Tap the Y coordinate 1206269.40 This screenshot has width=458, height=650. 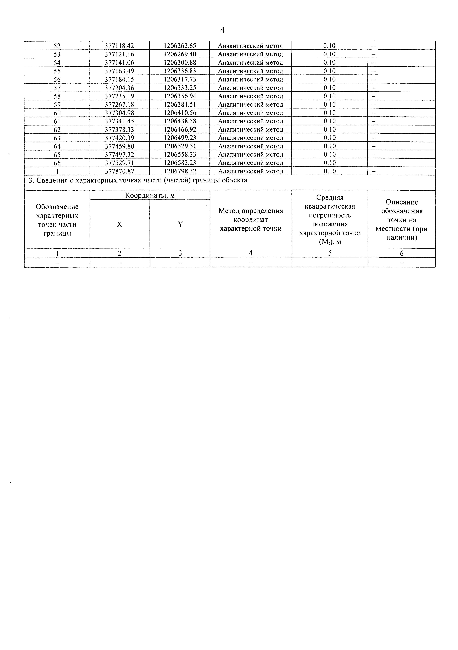[x=180, y=54]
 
